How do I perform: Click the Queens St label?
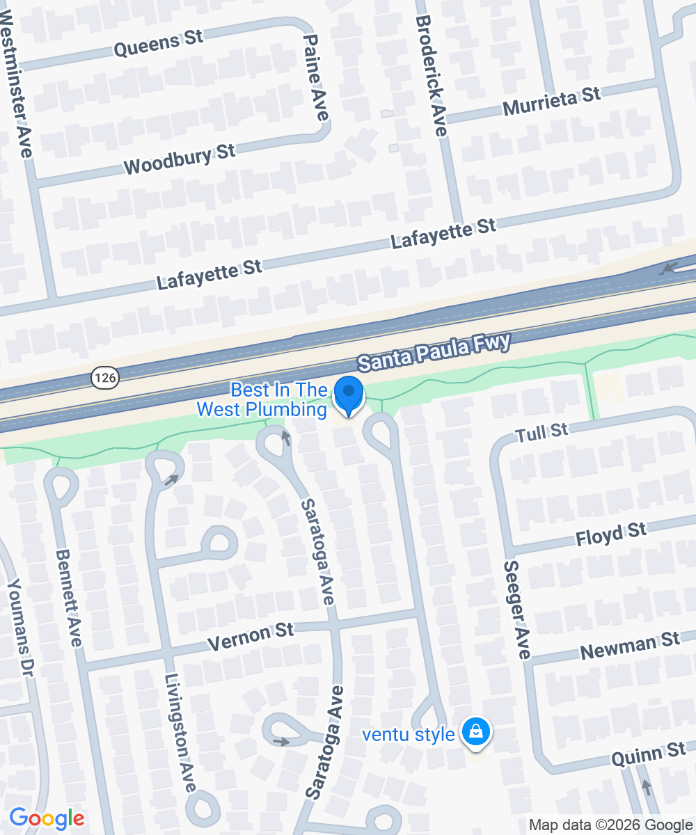pyautogui.click(x=157, y=45)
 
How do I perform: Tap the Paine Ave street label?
pyautogui.click(x=316, y=77)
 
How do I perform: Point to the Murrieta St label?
pyautogui.click(x=551, y=102)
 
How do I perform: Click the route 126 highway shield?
pyautogui.click(x=105, y=378)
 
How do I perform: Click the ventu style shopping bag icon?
pyautogui.click(x=475, y=733)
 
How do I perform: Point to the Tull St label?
pyautogui.click(x=542, y=433)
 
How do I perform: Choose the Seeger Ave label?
pyautogui.click(x=517, y=610)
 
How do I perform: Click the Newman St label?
pyautogui.click(x=629, y=646)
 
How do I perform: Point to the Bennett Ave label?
pyautogui.click(x=68, y=598)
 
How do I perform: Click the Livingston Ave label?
pyautogui.click(x=180, y=733)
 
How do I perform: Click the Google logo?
pyautogui.click(x=47, y=818)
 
